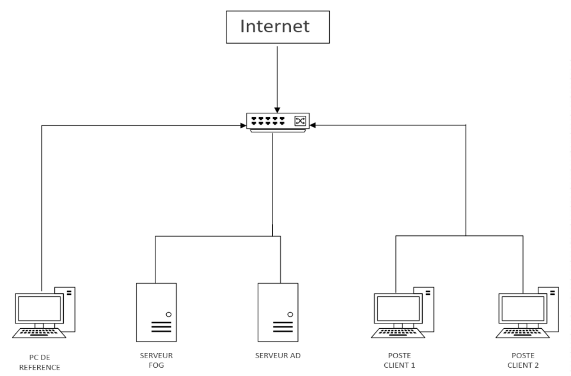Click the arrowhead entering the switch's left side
pos(244,125)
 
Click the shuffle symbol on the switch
pos(300,121)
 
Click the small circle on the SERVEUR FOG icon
pos(168,314)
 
